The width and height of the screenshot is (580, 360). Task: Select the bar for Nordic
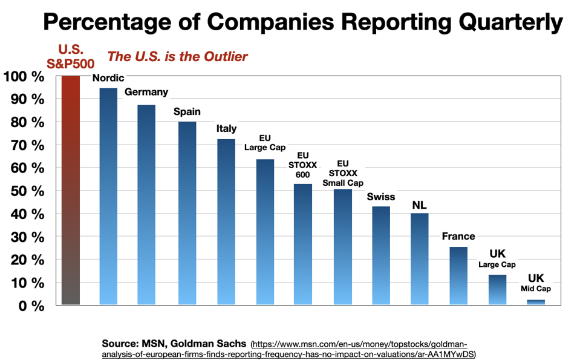108,196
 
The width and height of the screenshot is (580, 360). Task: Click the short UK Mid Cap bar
536,302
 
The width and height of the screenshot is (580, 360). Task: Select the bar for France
458,275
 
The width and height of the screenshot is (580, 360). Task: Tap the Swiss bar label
381,197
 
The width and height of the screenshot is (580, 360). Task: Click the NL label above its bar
420,205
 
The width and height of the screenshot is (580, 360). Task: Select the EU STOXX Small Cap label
342,173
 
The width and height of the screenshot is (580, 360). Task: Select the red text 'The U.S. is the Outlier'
178,57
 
